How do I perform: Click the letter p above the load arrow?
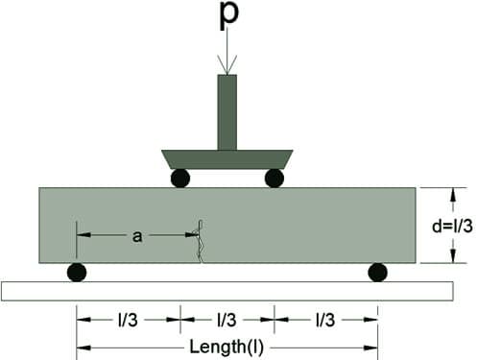(x=227, y=13)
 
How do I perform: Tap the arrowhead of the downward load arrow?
(x=227, y=66)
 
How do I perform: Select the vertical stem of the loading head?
(x=227, y=111)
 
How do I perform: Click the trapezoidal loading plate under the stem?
(x=227, y=158)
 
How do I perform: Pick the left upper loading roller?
(x=179, y=178)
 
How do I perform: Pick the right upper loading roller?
(x=274, y=178)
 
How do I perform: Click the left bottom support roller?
(x=77, y=273)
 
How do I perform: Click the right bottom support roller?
(x=378, y=273)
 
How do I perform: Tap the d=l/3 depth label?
(x=446, y=227)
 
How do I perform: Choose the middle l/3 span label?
(x=227, y=318)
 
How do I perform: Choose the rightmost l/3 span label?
(x=326, y=318)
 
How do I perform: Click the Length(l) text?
(x=227, y=346)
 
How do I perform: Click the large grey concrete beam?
(x=288, y=225)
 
